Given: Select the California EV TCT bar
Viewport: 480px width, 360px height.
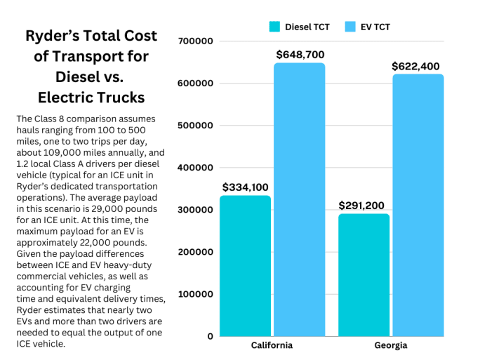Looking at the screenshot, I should coord(300,199).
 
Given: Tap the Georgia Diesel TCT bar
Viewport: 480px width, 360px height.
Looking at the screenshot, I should coord(364,274).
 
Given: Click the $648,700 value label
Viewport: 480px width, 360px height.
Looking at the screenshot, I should coord(300,54).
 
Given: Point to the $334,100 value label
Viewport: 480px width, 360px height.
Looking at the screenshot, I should coord(246,187).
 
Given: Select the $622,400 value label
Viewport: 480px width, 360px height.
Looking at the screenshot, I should coord(416,66).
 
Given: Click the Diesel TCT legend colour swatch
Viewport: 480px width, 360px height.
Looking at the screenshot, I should coord(275,27).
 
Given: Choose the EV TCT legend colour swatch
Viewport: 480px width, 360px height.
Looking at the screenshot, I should coord(350,27).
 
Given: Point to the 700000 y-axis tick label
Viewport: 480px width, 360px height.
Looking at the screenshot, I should coord(196,41).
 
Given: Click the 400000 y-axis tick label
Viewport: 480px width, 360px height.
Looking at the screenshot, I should coord(196,168).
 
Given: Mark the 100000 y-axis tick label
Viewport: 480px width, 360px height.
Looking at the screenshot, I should coord(196,294).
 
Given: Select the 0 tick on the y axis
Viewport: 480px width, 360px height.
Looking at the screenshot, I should coord(210,336).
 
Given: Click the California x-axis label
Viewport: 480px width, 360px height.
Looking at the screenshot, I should coord(272,345).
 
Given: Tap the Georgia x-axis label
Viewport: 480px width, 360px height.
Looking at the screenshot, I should coord(391,345).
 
